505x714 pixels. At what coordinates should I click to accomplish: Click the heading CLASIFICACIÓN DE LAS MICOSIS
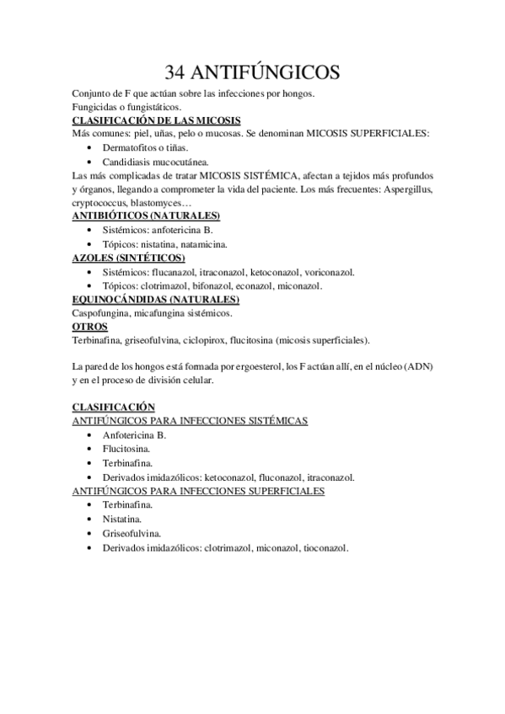[157, 121]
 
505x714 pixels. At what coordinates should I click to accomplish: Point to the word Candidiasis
[128, 161]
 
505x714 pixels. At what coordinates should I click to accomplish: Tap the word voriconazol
[329, 272]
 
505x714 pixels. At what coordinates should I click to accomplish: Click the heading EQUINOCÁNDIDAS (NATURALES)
[156, 299]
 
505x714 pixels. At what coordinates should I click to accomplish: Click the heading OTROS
[89, 326]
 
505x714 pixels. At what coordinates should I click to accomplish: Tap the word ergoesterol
[250, 367]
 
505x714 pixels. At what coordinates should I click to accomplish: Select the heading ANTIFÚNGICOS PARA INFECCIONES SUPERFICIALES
[199, 490]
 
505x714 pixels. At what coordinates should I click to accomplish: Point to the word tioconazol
[325, 547]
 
